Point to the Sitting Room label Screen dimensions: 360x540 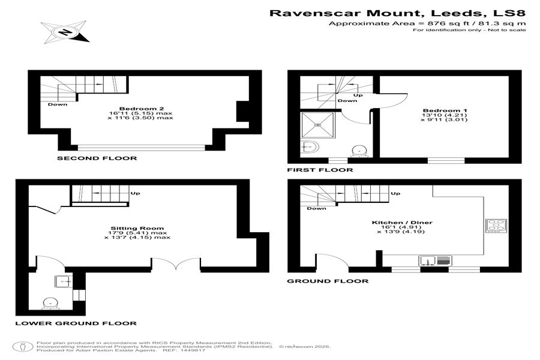pos(140,228)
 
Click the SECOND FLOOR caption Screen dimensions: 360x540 pos(97,158)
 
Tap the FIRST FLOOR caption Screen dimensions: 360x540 pos(320,170)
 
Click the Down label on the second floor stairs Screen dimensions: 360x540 pos(58,104)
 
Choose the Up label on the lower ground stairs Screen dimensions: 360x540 pos(136,193)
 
